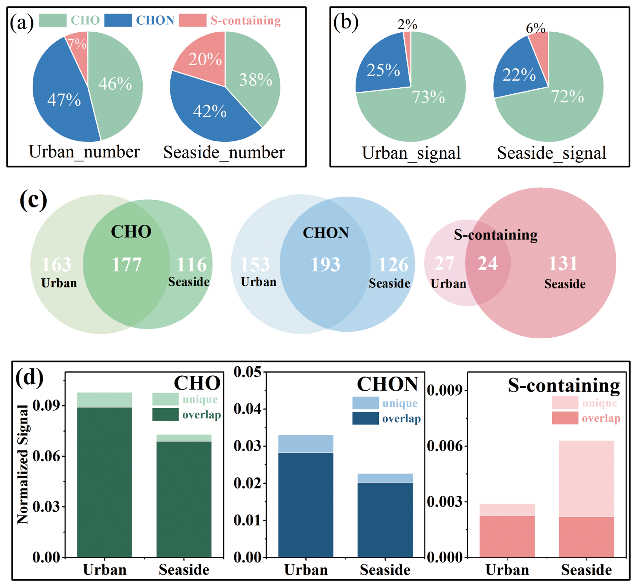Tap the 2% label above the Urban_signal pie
407,25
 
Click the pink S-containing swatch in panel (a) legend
192,20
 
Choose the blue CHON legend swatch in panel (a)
118,20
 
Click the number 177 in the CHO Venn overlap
126,265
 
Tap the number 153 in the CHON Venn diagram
255,265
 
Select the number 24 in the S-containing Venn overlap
488,264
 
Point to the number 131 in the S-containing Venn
563,264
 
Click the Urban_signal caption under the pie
411,153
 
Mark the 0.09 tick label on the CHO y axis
46,405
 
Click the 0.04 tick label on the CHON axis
247,409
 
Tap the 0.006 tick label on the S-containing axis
443,446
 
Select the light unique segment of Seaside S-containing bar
586,478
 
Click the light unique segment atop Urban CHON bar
306,443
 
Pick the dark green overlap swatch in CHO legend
165,414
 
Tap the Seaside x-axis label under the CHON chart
385,569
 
